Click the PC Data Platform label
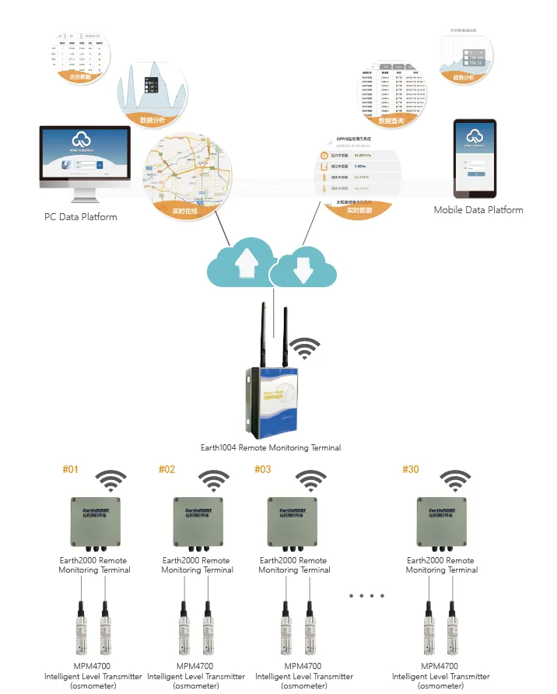(81, 217)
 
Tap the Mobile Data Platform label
(478, 210)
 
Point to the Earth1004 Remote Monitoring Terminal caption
(271, 448)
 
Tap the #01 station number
(71, 470)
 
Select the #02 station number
(167, 470)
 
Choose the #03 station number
(263, 470)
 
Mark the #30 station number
(411, 470)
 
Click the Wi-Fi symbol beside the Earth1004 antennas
(304, 347)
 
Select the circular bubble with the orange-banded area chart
(152, 93)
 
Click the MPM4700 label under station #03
(303, 667)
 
